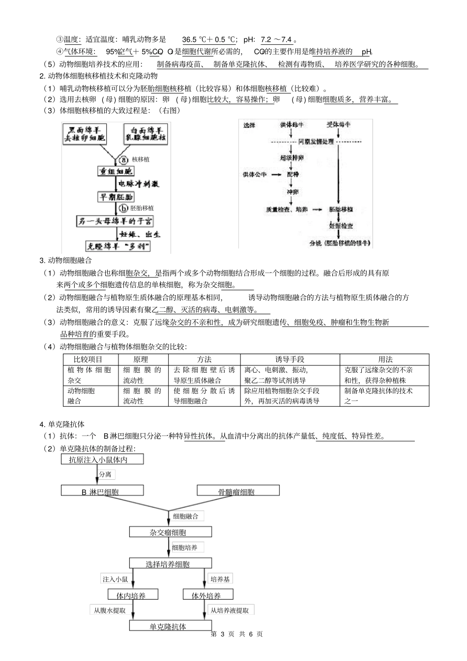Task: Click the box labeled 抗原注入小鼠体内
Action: click(x=103, y=460)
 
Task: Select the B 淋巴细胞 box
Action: click(x=102, y=491)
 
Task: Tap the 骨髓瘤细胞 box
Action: click(x=238, y=491)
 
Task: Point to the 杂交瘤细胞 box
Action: click(x=170, y=532)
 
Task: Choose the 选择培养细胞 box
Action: click(x=170, y=564)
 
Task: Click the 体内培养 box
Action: click(x=131, y=595)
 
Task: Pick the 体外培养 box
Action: click(x=206, y=595)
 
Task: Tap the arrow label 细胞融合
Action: click(x=186, y=516)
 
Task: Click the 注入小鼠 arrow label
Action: click(x=115, y=579)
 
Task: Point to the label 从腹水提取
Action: click(x=110, y=610)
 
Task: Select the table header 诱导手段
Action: click(x=290, y=359)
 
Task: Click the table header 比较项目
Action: click(x=88, y=359)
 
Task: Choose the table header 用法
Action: click(x=385, y=359)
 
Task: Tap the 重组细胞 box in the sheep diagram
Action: click(x=116, y=171)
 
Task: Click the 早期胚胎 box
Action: click(x=116, y=196)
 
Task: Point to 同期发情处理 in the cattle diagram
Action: click(x=316, y=141)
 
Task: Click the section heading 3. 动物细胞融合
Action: click(x=65, y=260)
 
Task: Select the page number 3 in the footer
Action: click(x=223, y=634)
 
